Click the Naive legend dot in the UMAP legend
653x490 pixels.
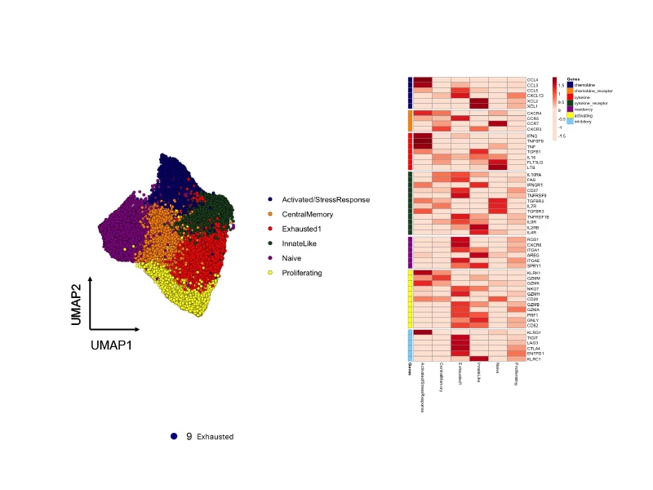point(269,257)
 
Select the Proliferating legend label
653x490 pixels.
point(301,272)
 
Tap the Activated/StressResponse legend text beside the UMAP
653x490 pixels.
point(326,199)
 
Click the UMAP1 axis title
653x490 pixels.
point(113,345)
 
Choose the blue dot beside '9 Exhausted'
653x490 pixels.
point(174,437)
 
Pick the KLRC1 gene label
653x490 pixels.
point(534,359)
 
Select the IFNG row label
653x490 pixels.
point(532,135)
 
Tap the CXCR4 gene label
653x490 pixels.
point(534,113)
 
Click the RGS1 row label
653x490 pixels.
point(533,238)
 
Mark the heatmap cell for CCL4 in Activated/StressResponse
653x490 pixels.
point(423,79)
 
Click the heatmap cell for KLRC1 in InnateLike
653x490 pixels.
point(479,359)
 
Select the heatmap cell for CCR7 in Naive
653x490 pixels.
point(498,123)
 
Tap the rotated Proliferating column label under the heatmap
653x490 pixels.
point(517,376)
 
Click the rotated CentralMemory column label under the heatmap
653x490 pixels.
point(442,378)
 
